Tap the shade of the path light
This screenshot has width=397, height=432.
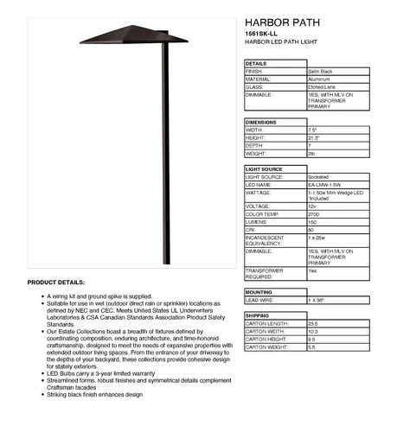[x=133, y=35]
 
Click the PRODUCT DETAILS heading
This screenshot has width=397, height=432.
[x=56, y=283]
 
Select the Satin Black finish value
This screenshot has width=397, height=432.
[x=322, y=71]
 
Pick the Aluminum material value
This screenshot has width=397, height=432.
[x=318, y=79]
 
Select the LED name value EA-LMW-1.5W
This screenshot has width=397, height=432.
[x=323, y=184]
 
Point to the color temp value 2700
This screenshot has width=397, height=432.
[x=313, y=213]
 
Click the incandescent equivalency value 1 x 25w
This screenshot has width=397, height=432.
[x=317, y=236]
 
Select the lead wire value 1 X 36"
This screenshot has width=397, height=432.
[x=316, y=300]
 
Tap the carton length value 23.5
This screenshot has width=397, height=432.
[x=313, y=323]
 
